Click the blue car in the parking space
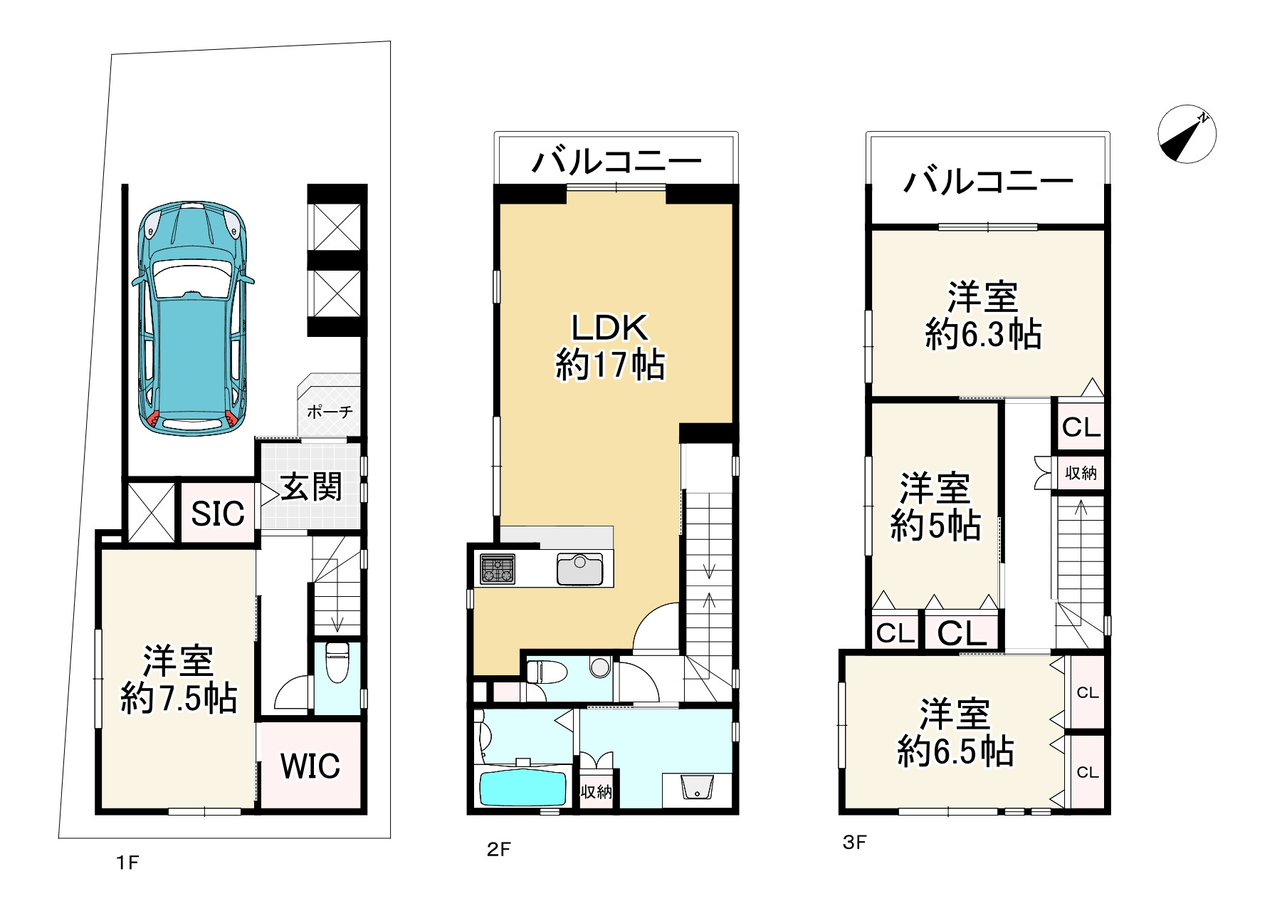point(192,318)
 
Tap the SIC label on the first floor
point(218,514)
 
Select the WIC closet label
point(310,766)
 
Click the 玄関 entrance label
point(312,487)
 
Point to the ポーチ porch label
point(330,412)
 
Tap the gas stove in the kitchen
point(497,569)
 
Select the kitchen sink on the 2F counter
point(579,569)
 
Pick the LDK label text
point(610,328)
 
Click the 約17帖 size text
point(610,365)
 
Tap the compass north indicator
point(1187,134)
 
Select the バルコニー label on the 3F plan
point(988,182)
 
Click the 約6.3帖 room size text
point(983,333)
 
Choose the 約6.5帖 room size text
point(955,751)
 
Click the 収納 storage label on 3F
point(1081,472)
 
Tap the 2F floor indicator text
point(499,849)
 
